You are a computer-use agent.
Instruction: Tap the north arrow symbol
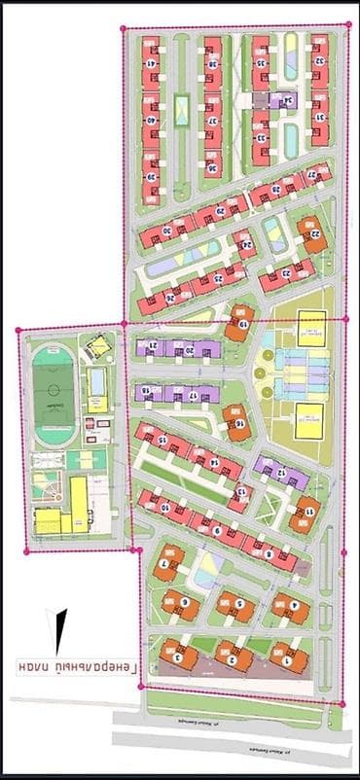click(x=60, y=631)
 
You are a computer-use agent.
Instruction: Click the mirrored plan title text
click(x=79, y=668)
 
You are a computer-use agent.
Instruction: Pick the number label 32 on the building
click(x=318, y=59)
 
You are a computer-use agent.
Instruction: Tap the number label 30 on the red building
click(x=165, y=230)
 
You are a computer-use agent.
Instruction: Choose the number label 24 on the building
click(x=247, y=244)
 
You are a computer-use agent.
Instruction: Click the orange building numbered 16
click(x=234, y=422)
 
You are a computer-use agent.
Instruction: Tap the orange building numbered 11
click(x=306, y=511)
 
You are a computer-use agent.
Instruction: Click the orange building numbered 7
click(x=168, y=563)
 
